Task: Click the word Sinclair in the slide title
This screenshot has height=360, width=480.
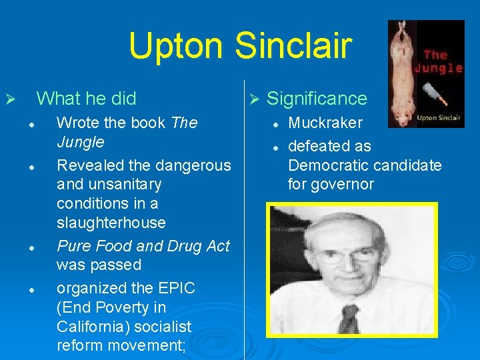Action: tap(293, 45)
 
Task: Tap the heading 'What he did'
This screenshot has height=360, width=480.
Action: tap(86, 99)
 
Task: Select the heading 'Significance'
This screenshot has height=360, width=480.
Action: tap(317, 99)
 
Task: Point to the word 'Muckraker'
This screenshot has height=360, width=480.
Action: tap(325, 123)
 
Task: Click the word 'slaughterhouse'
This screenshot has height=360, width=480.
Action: tap(111, 222)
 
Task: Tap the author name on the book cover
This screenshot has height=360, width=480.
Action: tap(437, 117)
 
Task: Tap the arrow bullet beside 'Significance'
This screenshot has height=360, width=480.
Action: tap(253, 99)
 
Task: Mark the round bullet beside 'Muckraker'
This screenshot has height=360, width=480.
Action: tap(275, 124)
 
